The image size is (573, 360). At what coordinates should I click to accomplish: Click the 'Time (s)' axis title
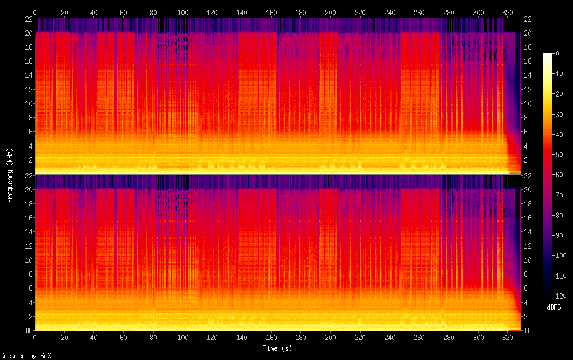tap(277, 348)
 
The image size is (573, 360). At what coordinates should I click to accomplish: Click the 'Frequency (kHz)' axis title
tap(10, 175)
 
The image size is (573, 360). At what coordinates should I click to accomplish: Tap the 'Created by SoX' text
tap(25, 356)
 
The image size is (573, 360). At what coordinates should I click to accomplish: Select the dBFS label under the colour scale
tap(554, 307)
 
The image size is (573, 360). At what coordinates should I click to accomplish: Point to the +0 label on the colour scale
tap(555, 54)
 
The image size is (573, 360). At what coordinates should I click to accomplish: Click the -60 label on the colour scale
tap(557, 175)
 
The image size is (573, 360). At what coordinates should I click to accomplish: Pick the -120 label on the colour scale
tap(559, 296)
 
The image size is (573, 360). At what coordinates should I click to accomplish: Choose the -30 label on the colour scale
tap(557, 114)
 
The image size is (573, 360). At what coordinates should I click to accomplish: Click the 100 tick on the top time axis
tap(183, 12)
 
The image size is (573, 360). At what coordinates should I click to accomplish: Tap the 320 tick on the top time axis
tap(508, 12)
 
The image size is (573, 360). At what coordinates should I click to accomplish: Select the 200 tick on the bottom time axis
tap(330, 338)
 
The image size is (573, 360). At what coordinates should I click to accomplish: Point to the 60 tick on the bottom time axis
tap(123, 338)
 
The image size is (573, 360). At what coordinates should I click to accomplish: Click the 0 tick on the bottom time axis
tap(35, 338)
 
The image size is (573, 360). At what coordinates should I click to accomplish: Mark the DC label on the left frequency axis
tap(29, 331)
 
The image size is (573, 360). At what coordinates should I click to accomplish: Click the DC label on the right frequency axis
tap(527, 331)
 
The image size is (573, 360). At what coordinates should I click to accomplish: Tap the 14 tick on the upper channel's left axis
tap(29, 75)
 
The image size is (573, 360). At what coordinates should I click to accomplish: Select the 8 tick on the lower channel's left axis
tap(31, 274)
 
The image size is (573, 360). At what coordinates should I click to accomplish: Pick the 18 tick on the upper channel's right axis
tap(527, 47)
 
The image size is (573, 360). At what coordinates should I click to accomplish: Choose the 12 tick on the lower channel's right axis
tap(527, 246)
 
